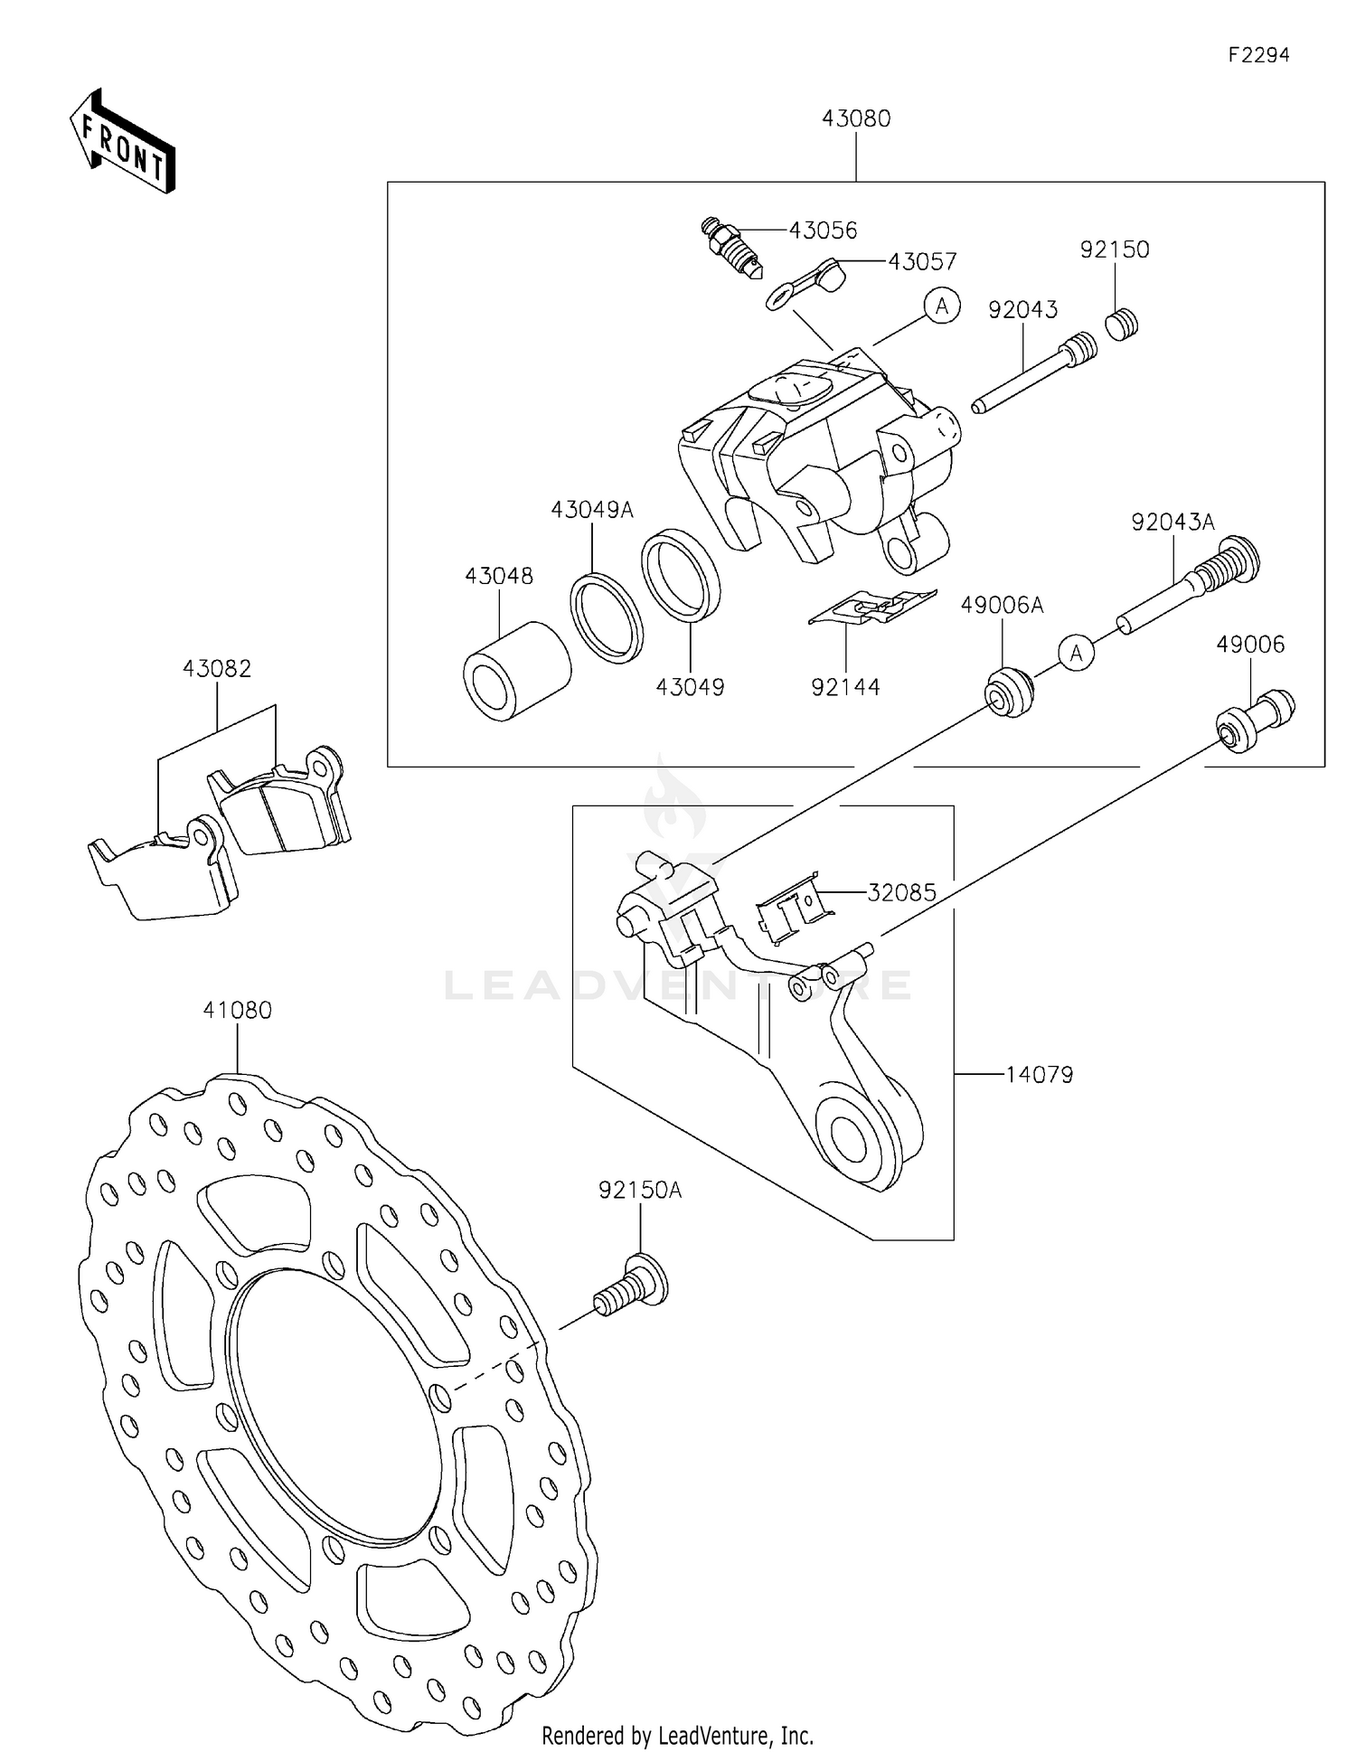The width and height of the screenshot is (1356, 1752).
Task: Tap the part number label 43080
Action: [x=855, y=118]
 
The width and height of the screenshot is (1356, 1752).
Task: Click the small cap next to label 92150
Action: [x=1122, y=324]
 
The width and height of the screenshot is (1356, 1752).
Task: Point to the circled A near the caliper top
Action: [x=942, y=306]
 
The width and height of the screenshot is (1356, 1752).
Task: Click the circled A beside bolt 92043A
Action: [x=1076, y=652]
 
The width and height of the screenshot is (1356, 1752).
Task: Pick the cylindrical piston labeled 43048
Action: [x=516, y=671]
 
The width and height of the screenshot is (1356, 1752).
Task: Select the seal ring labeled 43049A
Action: [x=607, y=615]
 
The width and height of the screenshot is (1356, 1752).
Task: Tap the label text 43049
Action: [x=690, y=687]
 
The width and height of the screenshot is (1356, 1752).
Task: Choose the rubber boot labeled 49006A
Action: [x=1007, y=692]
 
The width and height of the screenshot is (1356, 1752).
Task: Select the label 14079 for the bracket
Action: [x=1039, y=1075]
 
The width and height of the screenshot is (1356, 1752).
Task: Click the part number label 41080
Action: [x=237, y=1010]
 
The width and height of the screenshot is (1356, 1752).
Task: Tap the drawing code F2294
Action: [x=1257, y=55]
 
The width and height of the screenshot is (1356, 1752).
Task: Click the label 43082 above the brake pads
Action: [x=217, y=668]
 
